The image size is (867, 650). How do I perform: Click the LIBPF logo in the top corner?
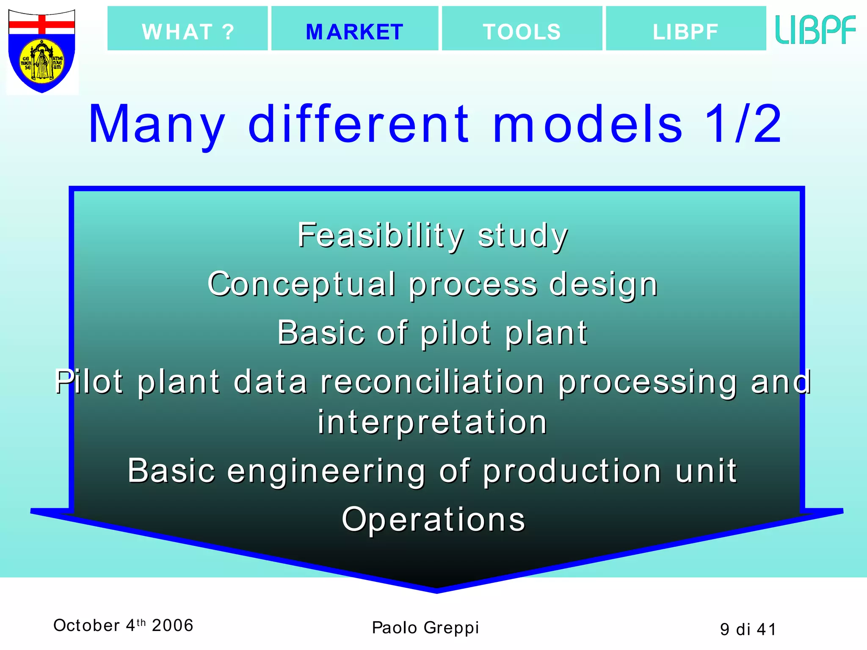coord(815,30)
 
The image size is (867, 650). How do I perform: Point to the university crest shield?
coord(42,51)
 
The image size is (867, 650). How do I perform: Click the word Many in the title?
coord(157,125)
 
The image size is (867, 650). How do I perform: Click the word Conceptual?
coord(301,284)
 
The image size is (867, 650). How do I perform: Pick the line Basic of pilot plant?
coord(432,333)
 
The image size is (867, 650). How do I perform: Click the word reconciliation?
coord(432,382)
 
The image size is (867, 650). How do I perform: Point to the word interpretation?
coord(432,422)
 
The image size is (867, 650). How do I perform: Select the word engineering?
coord(326,471)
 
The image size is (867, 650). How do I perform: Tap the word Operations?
coord(433,519)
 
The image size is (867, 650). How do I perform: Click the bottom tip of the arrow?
coord(436,589)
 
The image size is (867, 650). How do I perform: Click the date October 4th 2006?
coord(123,625)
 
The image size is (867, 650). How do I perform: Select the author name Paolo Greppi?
coord(425,628)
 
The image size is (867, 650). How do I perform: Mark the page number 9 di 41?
coord(748,629)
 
